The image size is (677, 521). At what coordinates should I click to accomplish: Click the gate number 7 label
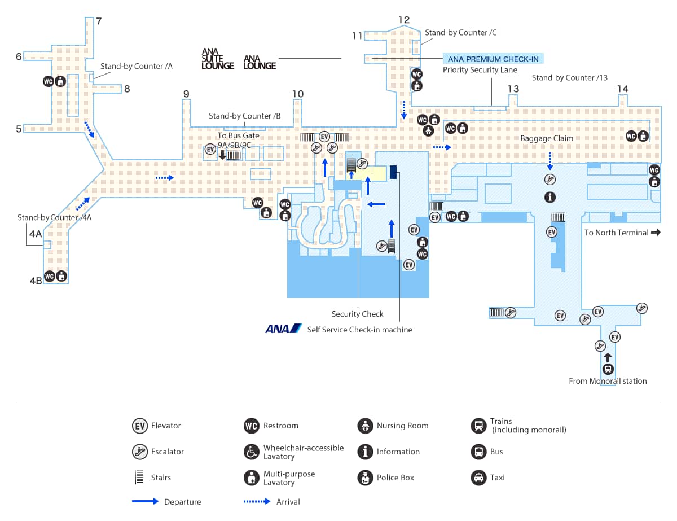tap(99, 21)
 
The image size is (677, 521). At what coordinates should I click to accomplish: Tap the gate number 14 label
tap(623, 89)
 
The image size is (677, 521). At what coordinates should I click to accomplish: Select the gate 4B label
tap(36, 279)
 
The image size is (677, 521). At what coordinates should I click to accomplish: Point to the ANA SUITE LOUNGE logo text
tap(218, 59)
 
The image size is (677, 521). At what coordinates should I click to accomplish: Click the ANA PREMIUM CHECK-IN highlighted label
tap(493, 59)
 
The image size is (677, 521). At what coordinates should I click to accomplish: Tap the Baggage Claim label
tap(546, 138)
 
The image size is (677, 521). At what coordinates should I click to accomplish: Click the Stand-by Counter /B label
tap(244, 116)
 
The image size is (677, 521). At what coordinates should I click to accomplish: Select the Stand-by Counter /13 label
tap(569, 77)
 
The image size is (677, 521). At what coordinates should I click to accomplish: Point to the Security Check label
tap(357, 314)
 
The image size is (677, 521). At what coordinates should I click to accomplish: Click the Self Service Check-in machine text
tap(359, 330)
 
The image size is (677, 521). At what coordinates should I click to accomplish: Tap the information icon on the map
tap(550, 198)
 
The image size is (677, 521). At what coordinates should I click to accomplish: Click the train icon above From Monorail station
tap(608, 370)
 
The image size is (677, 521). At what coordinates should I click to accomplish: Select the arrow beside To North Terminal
tap(655, 232)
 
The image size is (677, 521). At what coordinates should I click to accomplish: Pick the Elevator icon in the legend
tap(139, 426)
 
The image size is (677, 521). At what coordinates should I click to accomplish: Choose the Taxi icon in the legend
tap(478, 478)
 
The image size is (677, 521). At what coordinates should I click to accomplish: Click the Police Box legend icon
tap(365, 478)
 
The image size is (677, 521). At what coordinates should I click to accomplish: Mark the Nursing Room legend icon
tap(365, 426)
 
